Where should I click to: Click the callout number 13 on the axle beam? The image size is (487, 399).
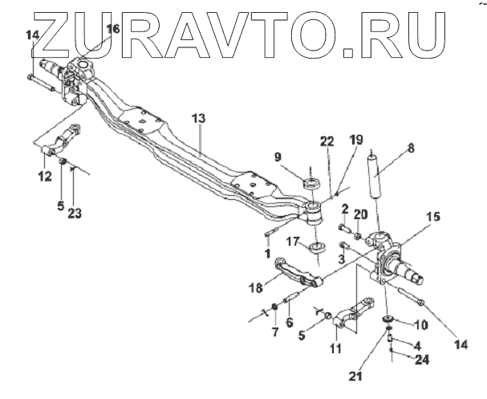pyautogui.click(x=197, y=118)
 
